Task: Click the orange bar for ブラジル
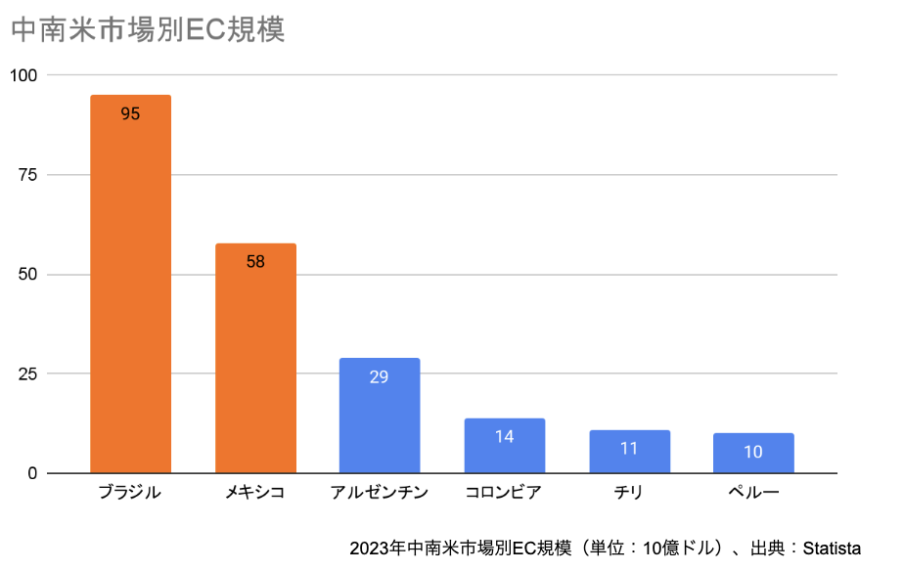point(130,293)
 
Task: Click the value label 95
point(130,113)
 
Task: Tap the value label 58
point(255,261)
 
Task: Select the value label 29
point(380,376)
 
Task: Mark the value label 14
point(504,436)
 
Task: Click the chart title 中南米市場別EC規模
point(148,30)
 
